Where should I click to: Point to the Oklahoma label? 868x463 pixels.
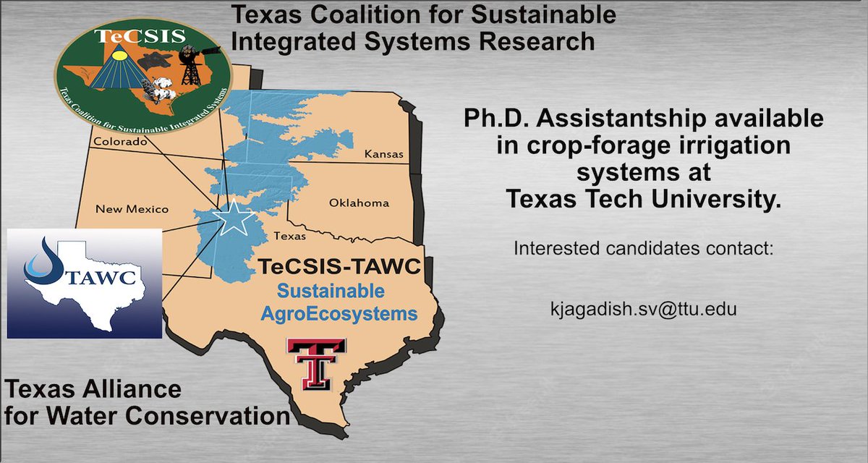(x=359, y=203)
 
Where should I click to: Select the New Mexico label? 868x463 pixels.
(x=132, y=209)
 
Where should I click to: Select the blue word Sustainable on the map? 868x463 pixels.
(x=333, y=292)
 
